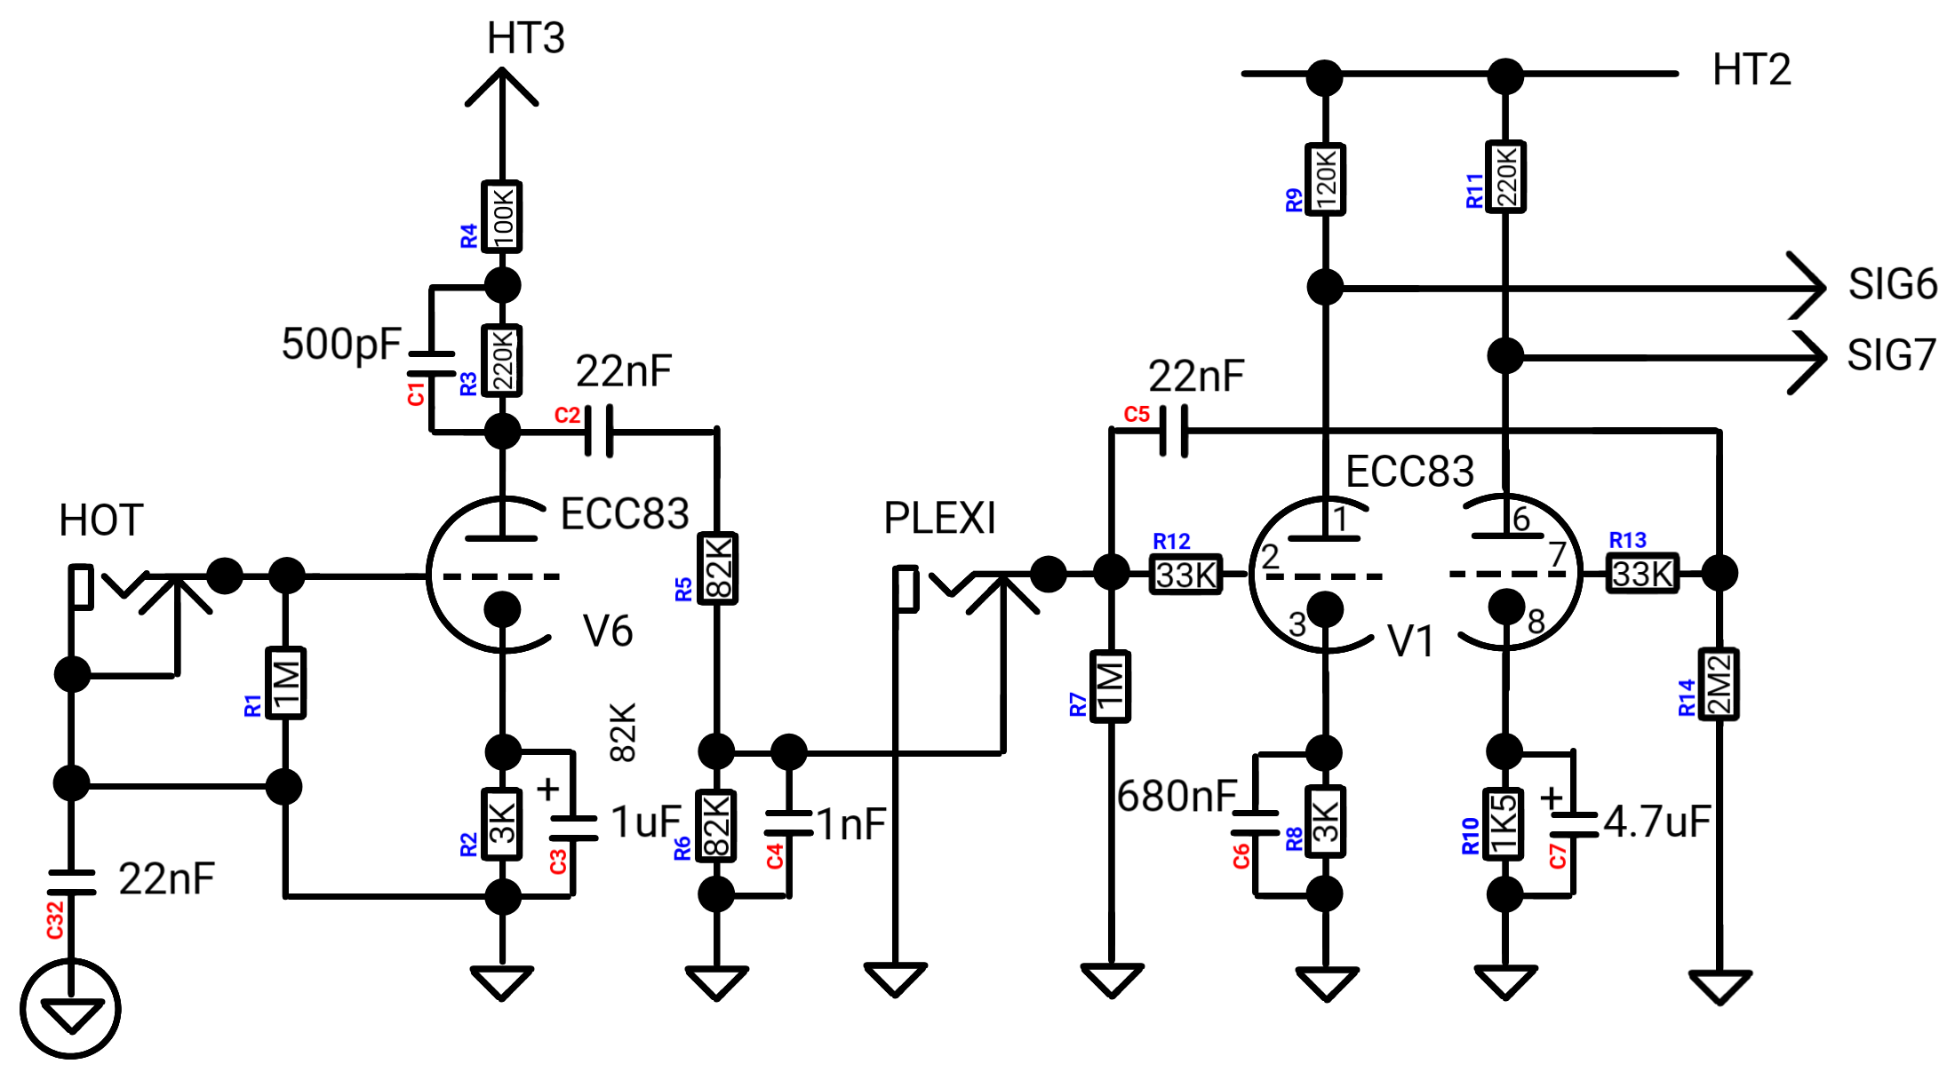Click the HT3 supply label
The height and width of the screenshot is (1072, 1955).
coord(526,38)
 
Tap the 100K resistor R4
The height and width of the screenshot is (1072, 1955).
coord(502,217)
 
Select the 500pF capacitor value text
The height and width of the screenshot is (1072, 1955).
coord(341,345)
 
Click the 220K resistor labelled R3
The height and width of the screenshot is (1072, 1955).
coord(502,360)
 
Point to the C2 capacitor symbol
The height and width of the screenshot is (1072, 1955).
coord(598,432)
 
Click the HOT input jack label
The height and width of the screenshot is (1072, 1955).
coord(101,520)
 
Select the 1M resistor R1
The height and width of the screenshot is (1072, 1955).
coord(286,683)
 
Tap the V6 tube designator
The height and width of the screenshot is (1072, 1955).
coord(608,631)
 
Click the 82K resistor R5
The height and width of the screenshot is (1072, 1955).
coord(717,568)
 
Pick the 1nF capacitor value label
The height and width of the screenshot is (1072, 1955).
coord(851,824)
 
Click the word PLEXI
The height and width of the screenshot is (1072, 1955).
coord(939,518)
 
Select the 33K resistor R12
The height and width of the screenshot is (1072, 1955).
coord(1186,574)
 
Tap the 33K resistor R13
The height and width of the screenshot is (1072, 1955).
coord(1643,573)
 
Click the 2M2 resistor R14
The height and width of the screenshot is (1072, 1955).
coord(1719,684)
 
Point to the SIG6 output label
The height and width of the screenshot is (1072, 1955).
coord(1893,284)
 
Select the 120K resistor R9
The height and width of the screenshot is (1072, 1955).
coord(1325,179)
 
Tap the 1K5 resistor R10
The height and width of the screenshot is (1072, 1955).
coord(1504,823)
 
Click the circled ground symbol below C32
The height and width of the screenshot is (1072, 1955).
coord(71,1010)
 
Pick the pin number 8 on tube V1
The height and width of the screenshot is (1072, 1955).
coord(1536,622)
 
